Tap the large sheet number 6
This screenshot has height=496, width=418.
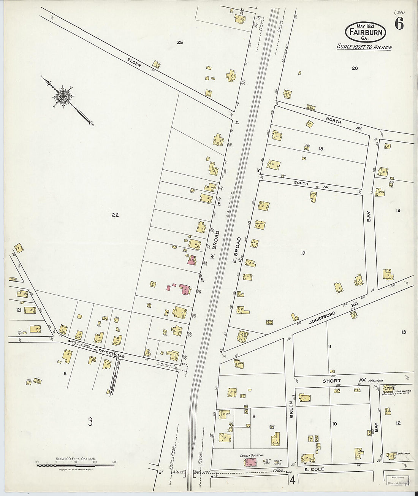[399, 24]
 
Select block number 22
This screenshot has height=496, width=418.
[115, 215]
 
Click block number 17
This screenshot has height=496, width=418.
[303, 253]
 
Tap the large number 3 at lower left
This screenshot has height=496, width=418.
[90, 422]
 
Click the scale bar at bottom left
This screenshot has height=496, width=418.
[76, 465]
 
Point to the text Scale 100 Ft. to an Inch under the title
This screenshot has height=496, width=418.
[364, 47]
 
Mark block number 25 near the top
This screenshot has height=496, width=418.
[180, 42]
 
